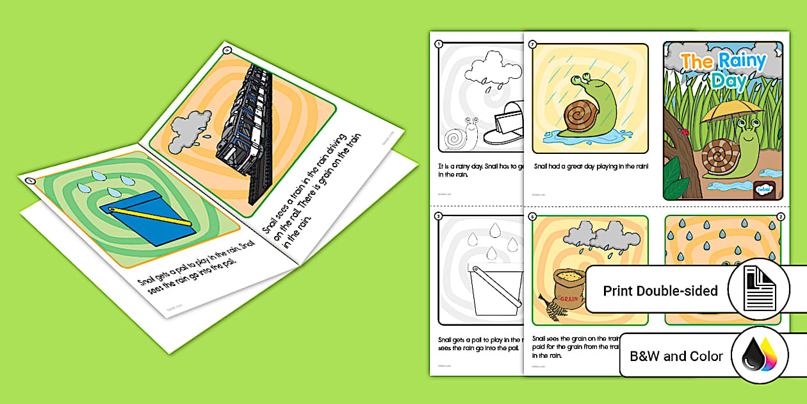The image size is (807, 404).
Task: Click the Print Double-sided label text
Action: (x=660, y=291)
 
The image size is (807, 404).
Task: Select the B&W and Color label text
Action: (x=676, y=356)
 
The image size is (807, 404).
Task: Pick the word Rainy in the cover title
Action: (x=742, y=62)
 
